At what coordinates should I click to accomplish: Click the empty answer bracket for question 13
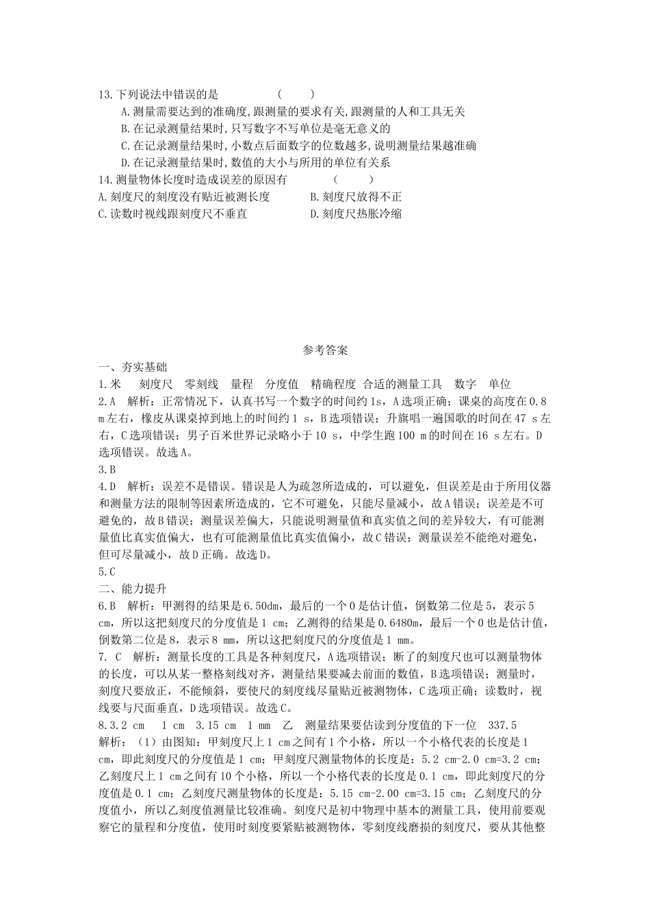296,94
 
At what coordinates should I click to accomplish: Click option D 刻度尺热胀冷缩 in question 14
356,214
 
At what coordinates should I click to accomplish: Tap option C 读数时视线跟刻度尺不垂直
172,214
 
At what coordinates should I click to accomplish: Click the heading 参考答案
325,350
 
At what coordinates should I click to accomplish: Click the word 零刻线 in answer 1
202,384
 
